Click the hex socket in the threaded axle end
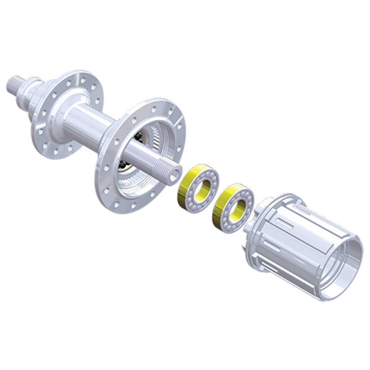(173, 175)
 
